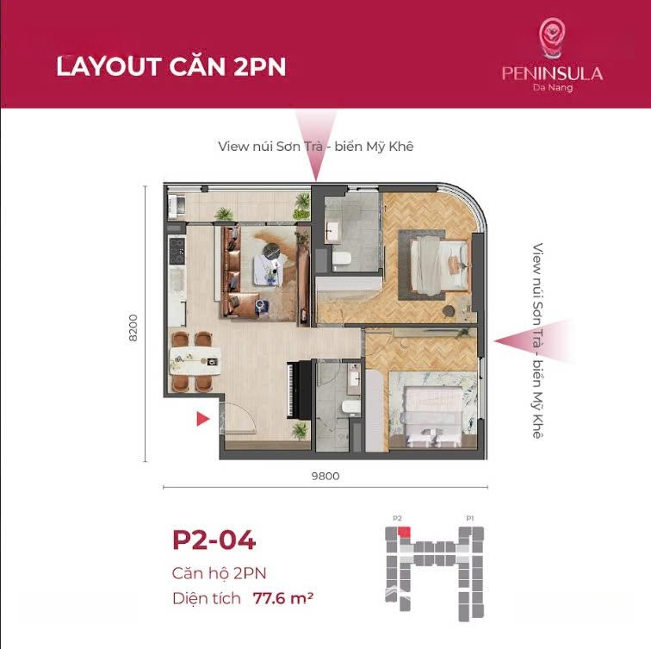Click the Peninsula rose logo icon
coord(552,37)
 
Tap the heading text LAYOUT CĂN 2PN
coord(171,66)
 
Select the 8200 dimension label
coord(133,328)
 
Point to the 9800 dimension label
coord(325,476)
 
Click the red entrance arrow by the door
coord(202,419)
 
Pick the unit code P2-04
coord(214,540)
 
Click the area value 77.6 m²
coord(282,598)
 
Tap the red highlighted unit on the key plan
coord(404,533)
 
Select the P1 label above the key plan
coord(469,518)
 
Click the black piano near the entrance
coord(299,390)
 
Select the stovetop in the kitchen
coord(177,250)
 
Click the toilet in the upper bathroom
coord(342,259)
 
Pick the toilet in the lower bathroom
coord(350,408)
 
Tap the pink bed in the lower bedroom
coord(433,416)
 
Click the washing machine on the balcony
coord(177,205)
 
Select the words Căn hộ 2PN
coord(219,573)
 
